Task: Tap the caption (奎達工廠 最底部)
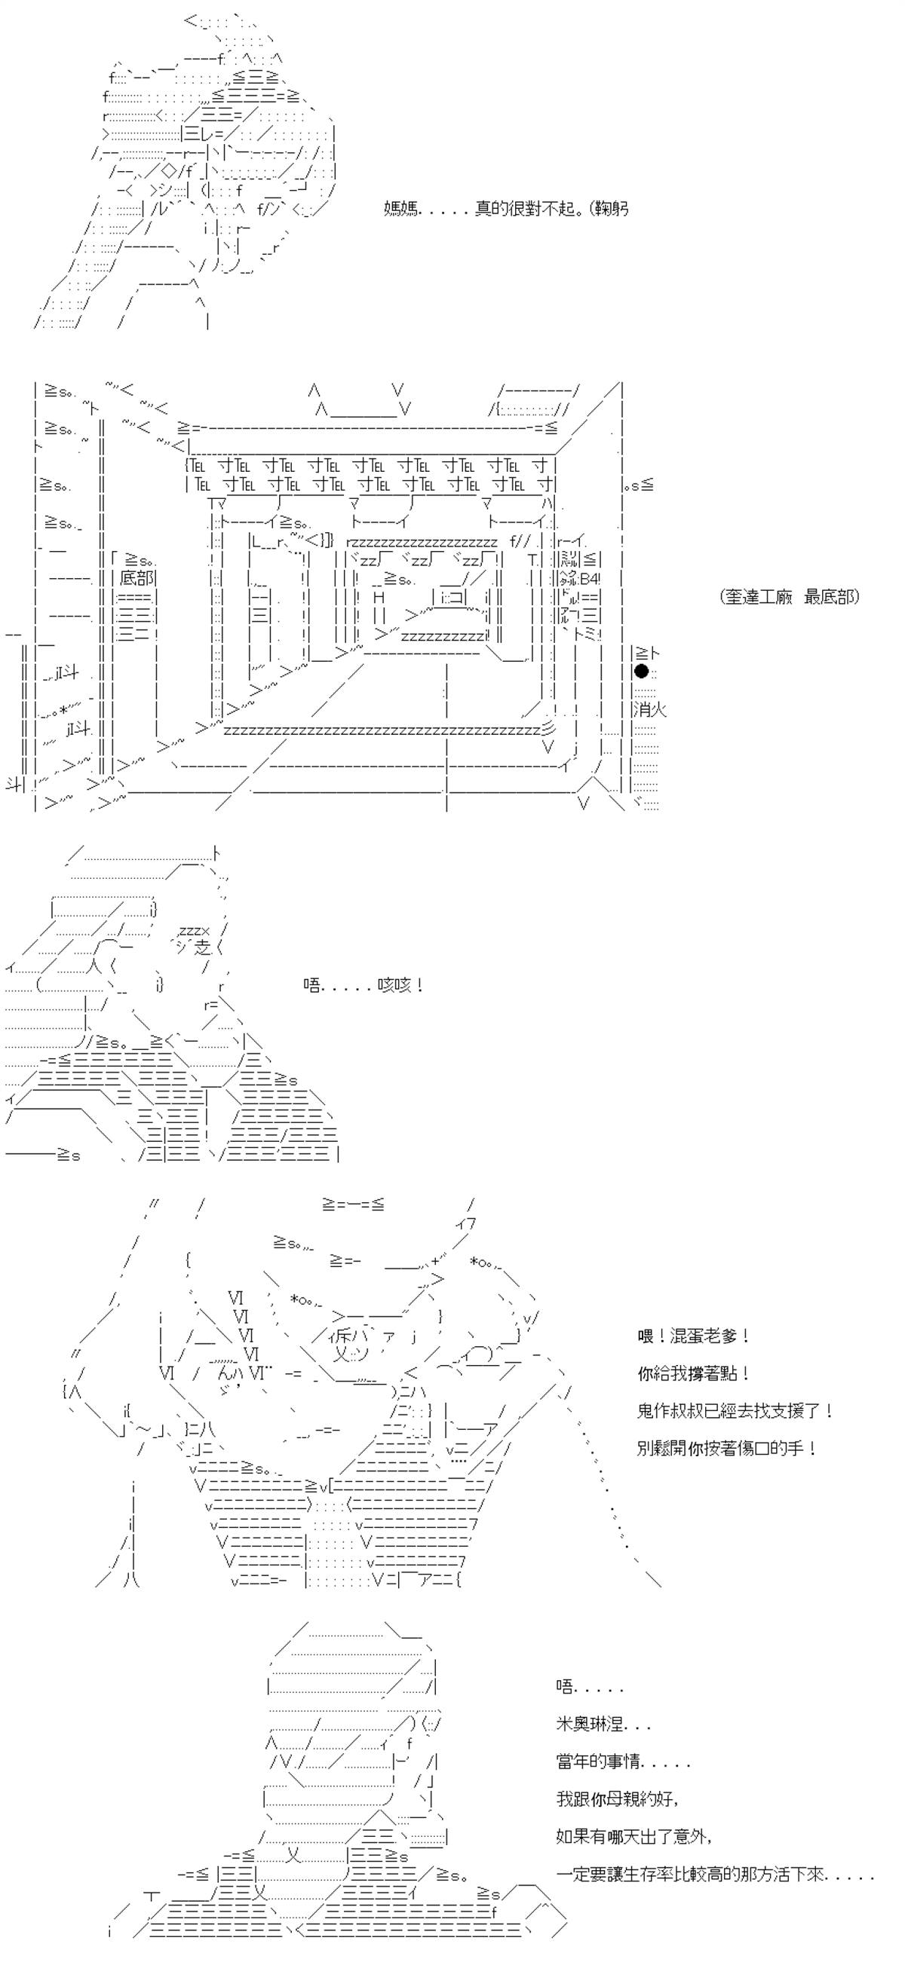pyautogui.click(x=789, y=596)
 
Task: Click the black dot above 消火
pyautogui.click(x=642, y=671)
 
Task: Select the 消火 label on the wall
pyautogui.click(x=650, y=710)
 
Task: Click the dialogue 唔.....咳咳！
pyautogui.click(x=364, y=986)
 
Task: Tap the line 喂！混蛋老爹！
pyautogui.click(x=693, y=1336)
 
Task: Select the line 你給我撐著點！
pyautogui.click(x=693, y=1373)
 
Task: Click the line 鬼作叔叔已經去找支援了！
pyautogui.click(x=735, y=1410)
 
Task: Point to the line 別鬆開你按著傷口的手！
pyautogui.click(x=727, y=1448)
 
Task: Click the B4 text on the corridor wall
pyautogui.click(x=590, y=578)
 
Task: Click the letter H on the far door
pyautogui.click(x=379, y=597)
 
